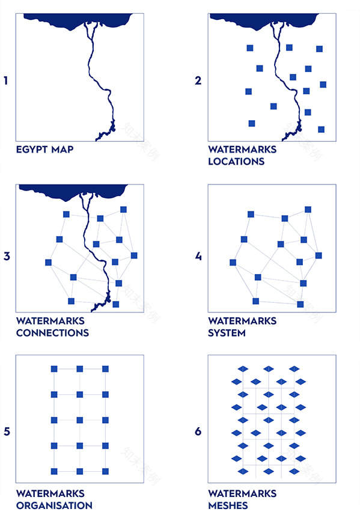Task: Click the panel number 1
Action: click(5, 81)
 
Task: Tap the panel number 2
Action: click(198, 81)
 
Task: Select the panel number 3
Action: click(7, 257)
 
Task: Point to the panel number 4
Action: click(198, 257)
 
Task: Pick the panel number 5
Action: click(7, 431)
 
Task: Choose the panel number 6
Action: click(198, 431)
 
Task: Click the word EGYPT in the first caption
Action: click(32, 150)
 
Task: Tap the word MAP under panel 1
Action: click(63, 150)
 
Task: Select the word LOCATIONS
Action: click(236, 162)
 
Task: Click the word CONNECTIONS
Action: click(52, 333)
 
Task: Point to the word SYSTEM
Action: click(227, 333)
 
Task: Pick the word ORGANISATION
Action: click(54, 505)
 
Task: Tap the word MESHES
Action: click(228, 505)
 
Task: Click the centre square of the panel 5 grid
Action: click(80, 420)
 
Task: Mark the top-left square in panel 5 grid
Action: click(54, 369)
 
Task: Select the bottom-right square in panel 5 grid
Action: click(106, 472)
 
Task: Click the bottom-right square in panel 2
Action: click(321, 129)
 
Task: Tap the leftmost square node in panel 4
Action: click(233, 263)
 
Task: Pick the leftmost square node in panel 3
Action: click(49, 263)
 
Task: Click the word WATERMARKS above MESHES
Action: click(242, 493)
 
